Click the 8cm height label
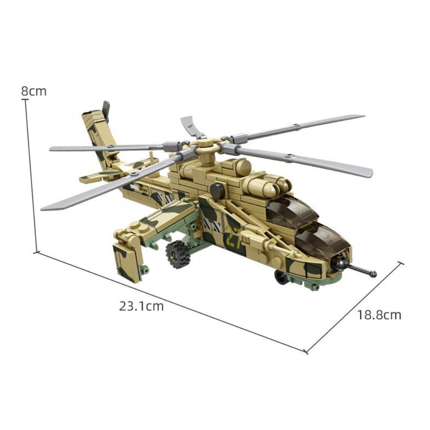[x=34, y=91]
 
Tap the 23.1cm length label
[x=141, y=306]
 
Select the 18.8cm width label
[x=379, y=315]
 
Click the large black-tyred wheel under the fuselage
[x=178, y=254]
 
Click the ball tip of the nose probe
[x=373, y=274]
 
